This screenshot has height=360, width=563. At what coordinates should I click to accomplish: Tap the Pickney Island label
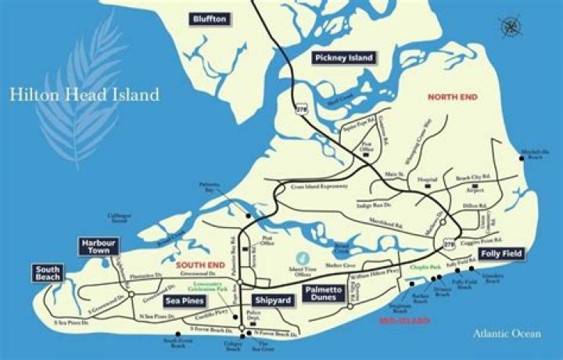(x=344, y=58)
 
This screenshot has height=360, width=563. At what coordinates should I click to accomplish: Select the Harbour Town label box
(x=99, y=247)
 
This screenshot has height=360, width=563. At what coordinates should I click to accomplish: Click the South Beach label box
(x=47, y=273)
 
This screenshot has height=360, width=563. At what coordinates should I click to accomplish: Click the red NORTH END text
(x=452, y=96)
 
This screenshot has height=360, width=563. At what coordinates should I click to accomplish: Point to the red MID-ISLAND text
(x=404, y=321)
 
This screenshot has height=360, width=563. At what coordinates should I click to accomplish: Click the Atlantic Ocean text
(x=506, y=333)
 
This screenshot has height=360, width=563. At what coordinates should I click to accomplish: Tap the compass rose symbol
(x=512, y=26)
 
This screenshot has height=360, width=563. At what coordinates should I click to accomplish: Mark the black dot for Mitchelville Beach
(x=524, y=160)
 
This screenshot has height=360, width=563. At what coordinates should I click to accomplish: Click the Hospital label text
(x=427, y=180)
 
